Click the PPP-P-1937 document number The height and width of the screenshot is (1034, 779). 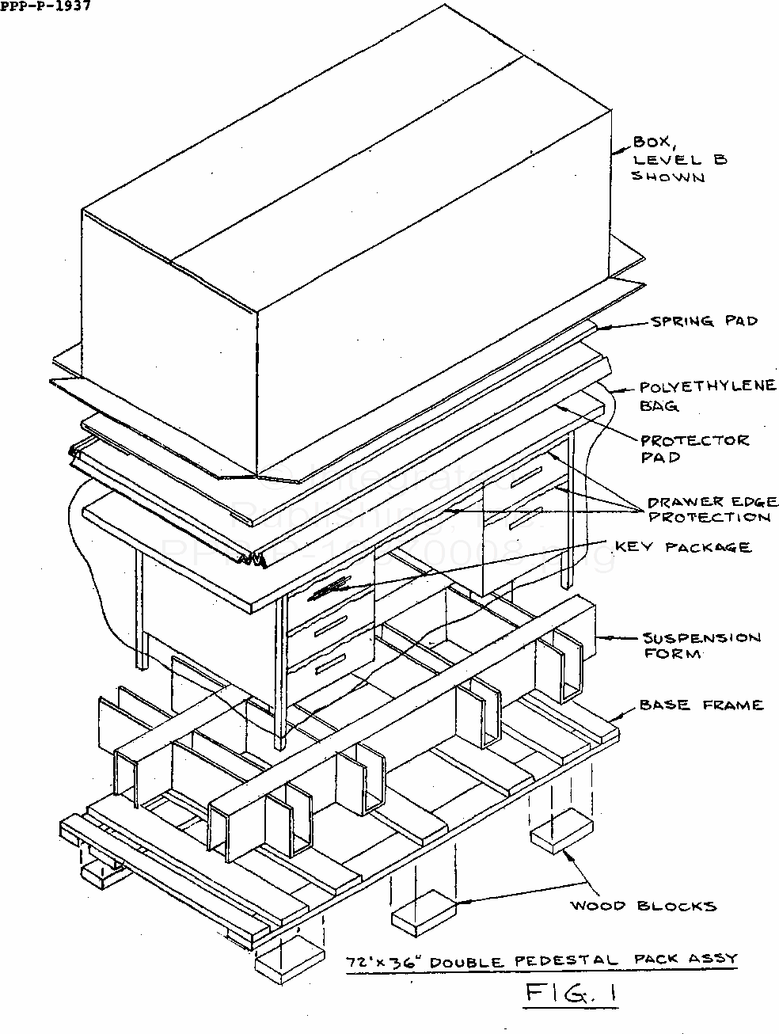tap(45, 7)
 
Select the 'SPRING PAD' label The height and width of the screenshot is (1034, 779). tap(704, 321)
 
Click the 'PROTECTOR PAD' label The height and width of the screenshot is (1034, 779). tap(694, 449)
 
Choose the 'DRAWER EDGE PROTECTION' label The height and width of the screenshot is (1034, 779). tap(712, 509)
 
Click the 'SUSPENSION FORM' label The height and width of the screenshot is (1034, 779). tap(701, 645)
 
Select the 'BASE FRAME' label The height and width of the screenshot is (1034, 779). tap(701, 705)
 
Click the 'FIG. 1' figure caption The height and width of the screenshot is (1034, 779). tap(569, 994)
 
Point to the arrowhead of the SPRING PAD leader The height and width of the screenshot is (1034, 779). tap(598, 326)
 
